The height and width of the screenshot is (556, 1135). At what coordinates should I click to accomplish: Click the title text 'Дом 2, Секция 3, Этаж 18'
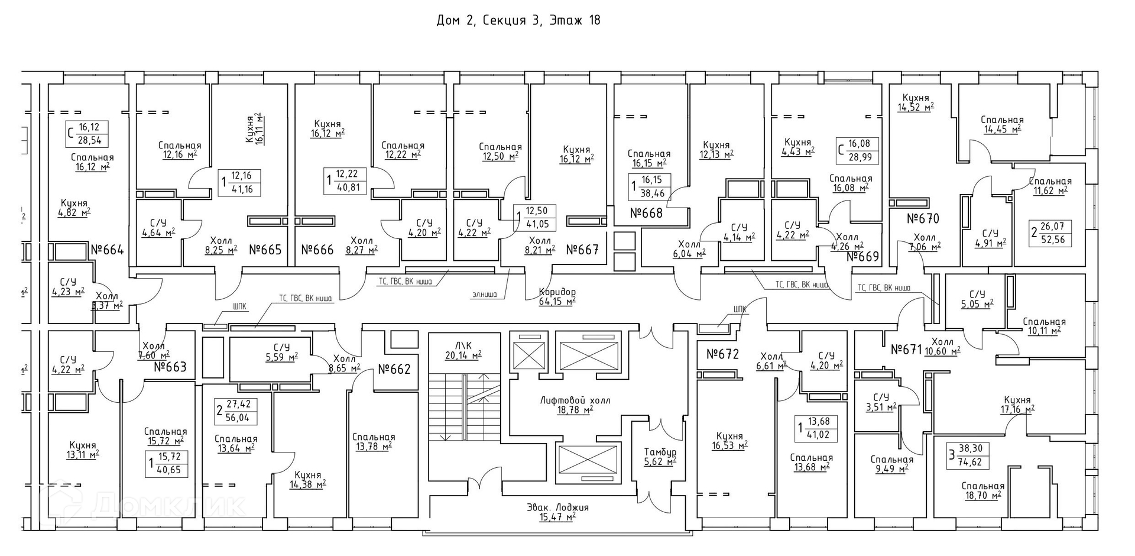518,21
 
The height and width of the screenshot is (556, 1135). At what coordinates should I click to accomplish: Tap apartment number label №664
107,250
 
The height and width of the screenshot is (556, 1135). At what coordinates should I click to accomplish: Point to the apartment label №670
923,219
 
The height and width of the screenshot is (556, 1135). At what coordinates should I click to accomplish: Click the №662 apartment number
394,370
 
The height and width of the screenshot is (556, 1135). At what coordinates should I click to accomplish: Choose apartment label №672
722,354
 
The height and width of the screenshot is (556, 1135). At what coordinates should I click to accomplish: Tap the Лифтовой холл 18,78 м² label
566,405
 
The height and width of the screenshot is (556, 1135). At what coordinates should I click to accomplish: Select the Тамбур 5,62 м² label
660,457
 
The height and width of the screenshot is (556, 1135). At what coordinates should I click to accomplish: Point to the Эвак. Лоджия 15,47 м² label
557,512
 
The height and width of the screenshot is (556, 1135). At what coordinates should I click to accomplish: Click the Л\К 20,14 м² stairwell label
463,350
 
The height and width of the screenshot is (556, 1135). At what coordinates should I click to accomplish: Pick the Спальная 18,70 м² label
982,490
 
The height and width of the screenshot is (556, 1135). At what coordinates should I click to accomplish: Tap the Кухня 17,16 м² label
1017,405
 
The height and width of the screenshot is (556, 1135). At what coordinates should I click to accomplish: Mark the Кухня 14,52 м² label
916,102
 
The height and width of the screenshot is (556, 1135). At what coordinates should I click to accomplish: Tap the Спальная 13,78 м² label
374,442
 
